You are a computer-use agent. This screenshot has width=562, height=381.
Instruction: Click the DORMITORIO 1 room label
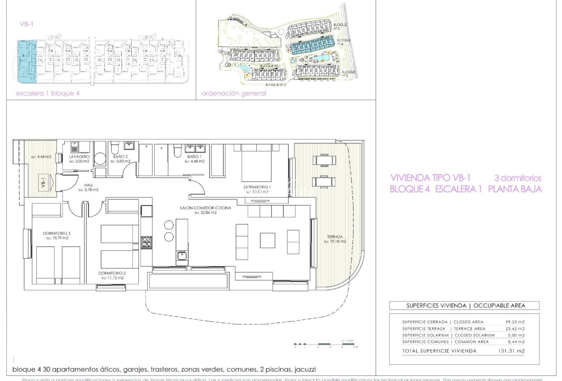click(x=257, y=187)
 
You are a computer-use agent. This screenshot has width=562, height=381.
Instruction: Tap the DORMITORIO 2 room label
click(x=112, y=273)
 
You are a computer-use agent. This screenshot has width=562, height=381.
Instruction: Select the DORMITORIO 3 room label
click(x=56, y=233)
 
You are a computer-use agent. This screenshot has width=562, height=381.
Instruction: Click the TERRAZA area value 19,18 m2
click(x=334, y=241)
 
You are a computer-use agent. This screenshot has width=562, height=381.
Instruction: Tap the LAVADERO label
click(x=79, y=157)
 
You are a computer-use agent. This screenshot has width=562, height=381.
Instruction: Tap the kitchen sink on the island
click(x=181, y=255)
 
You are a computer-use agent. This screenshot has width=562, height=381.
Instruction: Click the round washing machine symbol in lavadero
click(x=100, y=159)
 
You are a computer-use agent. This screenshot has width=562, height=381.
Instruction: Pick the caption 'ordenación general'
click(x=234, y=93)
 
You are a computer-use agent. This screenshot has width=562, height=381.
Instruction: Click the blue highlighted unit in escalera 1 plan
click(x=26, y=62)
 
